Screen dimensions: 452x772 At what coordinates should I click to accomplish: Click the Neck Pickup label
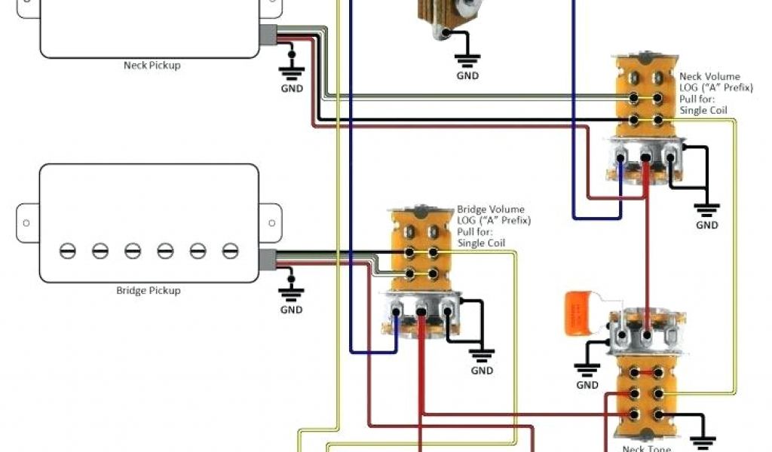click(x=152, y=66)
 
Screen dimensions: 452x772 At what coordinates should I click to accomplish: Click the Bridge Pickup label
click(x=149, y=290)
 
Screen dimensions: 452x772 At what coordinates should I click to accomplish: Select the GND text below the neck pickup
click(x=292, y=88)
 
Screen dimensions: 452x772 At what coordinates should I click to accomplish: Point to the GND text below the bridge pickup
click(x=292, y=310)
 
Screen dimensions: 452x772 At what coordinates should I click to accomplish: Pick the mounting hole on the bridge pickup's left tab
click(x=26, y=224)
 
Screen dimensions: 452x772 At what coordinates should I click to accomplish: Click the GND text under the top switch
click(x=467, y=75)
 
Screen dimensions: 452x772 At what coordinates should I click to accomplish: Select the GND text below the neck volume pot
click(x=707, y=225)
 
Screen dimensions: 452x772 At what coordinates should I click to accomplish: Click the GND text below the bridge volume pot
click(x=482, y=371)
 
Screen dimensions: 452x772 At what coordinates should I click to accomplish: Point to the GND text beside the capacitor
click(x=587, y=385)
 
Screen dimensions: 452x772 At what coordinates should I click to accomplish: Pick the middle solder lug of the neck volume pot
click(x=646, y=157)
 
